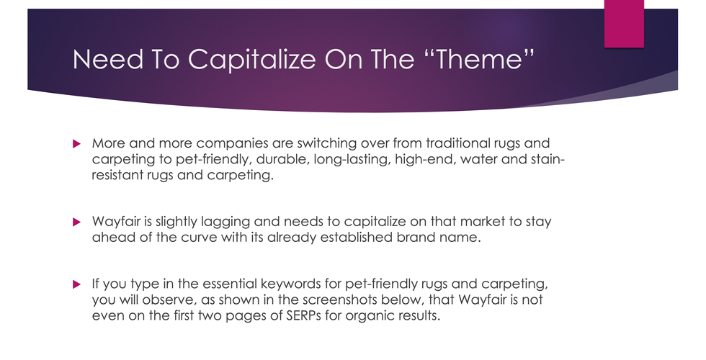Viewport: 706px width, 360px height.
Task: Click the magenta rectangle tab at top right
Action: pyautogui.click(x=623, y=24)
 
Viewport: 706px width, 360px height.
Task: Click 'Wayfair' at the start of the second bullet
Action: pyautogui.click(x=115, y=222)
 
